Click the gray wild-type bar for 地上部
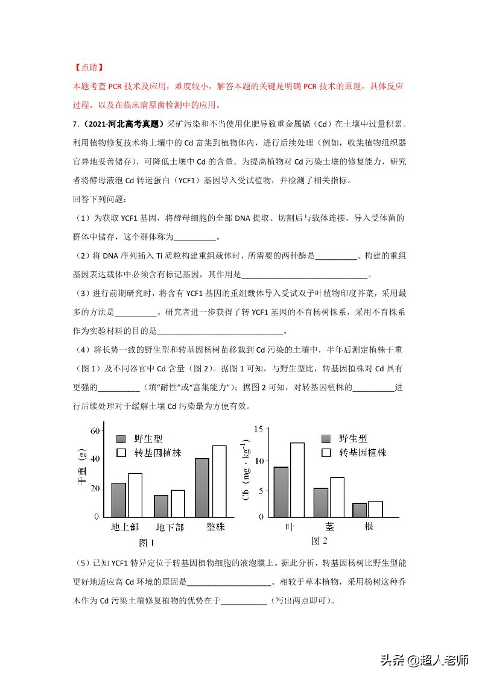118,500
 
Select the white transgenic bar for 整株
219,481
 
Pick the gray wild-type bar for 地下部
161,506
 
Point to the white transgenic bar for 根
375,509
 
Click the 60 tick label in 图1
95,431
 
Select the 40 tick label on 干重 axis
95,459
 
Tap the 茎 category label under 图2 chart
329,526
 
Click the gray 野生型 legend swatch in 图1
121,438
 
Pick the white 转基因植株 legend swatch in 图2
328,452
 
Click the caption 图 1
147,541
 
